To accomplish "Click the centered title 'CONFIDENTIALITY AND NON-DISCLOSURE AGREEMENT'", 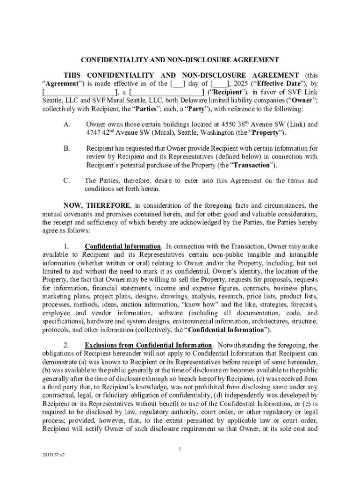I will coord(180,60).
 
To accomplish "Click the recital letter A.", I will coord(66,124).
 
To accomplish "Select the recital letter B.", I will coord(66,148).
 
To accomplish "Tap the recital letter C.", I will coord(66,181).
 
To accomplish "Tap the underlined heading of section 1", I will coord(123,246).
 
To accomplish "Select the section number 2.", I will coord(66,346).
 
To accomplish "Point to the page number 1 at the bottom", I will coord(180,449).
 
